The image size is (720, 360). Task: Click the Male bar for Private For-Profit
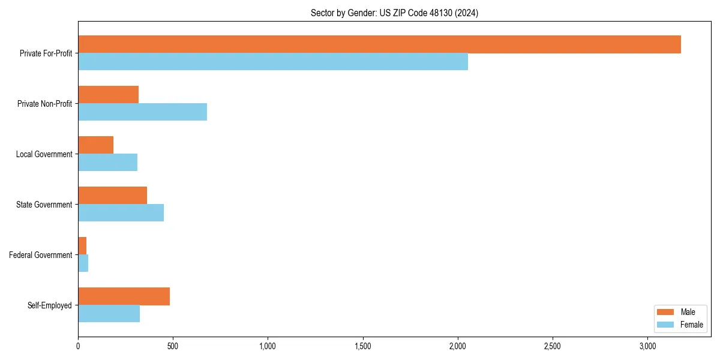pyautogui.click(x=379, y=44)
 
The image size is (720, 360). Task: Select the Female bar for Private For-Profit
pyautogui.click(x=273, y=62)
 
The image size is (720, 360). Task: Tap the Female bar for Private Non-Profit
pyautogui.click(x=142, y=112)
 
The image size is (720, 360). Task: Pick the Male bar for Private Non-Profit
pyautogui.click(x=108, y=95)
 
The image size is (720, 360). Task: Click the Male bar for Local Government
pyautogui.click(x=95, y=145)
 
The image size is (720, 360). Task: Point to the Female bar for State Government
pyautogui.click(x=121, y=213)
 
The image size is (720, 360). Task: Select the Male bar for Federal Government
pyautogui.click(x=82, y=246)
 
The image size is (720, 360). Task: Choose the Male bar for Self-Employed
pyautogui.click(x=124, y=296)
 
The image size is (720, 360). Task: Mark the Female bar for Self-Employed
pyautogui.click(x=109, y=314)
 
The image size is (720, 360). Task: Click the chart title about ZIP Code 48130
pyautogui.click(x=394, y=13)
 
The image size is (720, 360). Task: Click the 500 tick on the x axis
pyautogui.click(x=173, y=346)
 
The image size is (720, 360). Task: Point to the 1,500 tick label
pyautogui.click(x=362, y=346)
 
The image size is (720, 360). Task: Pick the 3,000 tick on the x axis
pyautogui.click(x=647, y=346)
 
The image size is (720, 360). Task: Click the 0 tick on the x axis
pyautogui.click(x=78, y=346)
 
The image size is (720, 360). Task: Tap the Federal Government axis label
pyautogui.click(x=40, y=255)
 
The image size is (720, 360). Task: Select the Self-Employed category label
pyautogui.click(x=49, y=305)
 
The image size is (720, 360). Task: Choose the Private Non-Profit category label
pyautogui.click(x=44, y=104)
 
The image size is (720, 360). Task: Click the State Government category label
pyautogui.click(x=44, y=205)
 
